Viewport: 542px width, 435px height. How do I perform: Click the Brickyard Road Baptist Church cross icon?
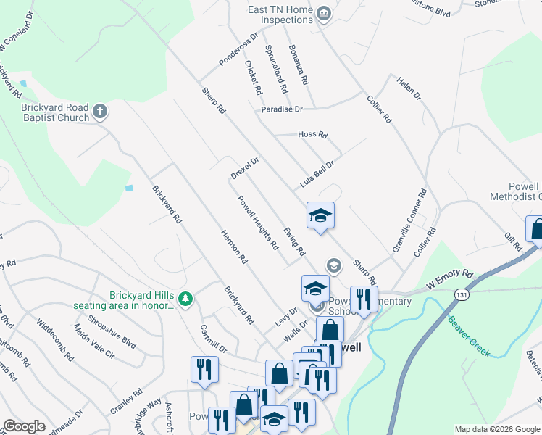click(100, 112)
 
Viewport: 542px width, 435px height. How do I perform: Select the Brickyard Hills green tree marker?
click(186, 299)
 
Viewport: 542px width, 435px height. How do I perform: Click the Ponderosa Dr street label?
click(239, 49)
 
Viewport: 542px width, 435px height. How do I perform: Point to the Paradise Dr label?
click(282, 109)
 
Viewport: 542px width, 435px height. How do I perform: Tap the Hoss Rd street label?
click(313, 135)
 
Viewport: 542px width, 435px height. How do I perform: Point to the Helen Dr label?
click(409, 86)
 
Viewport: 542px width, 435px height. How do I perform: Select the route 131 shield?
click(461, 294)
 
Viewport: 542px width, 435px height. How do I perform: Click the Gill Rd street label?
click(513, 242)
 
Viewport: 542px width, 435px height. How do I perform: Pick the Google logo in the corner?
click(24, 426)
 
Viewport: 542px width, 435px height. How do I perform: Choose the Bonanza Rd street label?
click(299, 63)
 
